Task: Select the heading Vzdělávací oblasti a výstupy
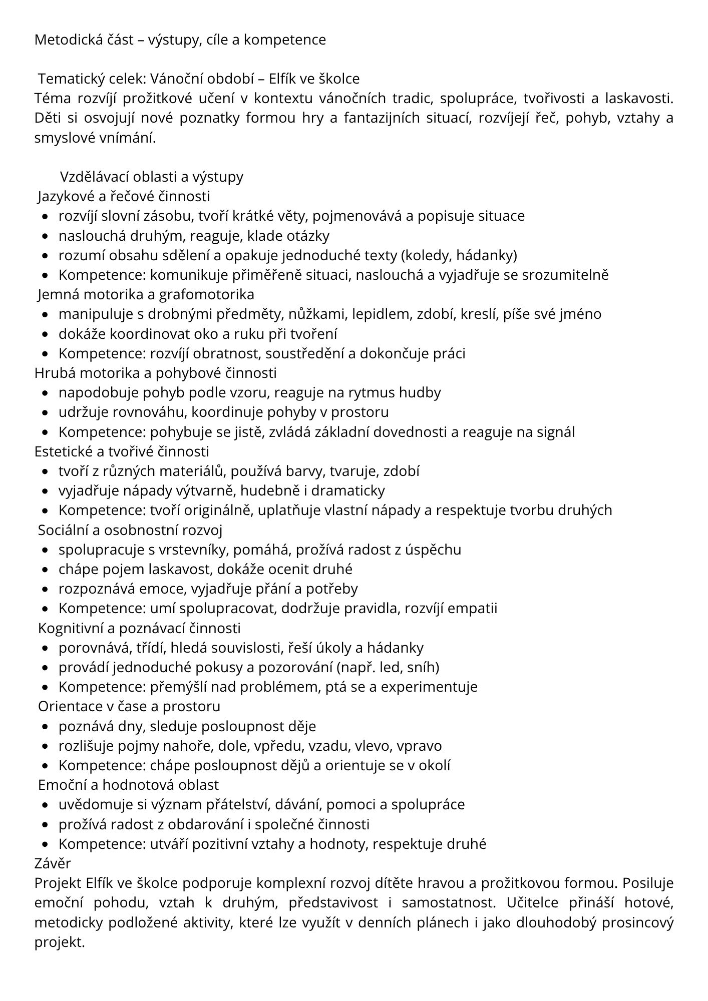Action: [152, 177]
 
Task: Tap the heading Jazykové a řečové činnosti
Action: [124, 196]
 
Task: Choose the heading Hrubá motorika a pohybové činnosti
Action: [155, 373]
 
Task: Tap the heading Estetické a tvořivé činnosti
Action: [122, 451]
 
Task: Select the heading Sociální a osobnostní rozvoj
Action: [130, 530]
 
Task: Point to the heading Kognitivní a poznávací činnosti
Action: [139, 628]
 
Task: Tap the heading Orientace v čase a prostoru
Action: [129, 707]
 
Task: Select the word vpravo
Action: [419, 746]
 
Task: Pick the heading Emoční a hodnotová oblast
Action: [129, 785]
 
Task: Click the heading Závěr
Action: [53, 863]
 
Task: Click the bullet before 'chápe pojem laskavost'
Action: [46, 570]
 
